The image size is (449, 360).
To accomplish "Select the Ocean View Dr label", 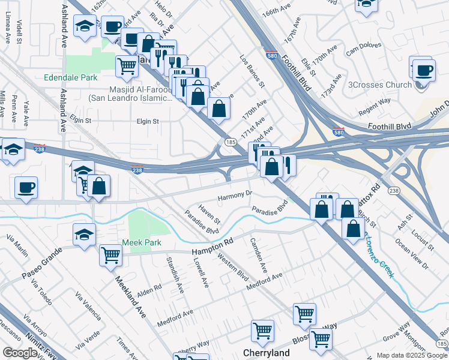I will [x=411, y=254].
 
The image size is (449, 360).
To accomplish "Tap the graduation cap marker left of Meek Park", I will [x=85, y=234].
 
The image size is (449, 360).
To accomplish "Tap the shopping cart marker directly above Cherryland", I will [x=263, y=329].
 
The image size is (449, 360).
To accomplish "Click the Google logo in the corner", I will [x=20, y=353].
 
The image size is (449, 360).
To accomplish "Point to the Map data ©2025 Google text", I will [x=412, y=355].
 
